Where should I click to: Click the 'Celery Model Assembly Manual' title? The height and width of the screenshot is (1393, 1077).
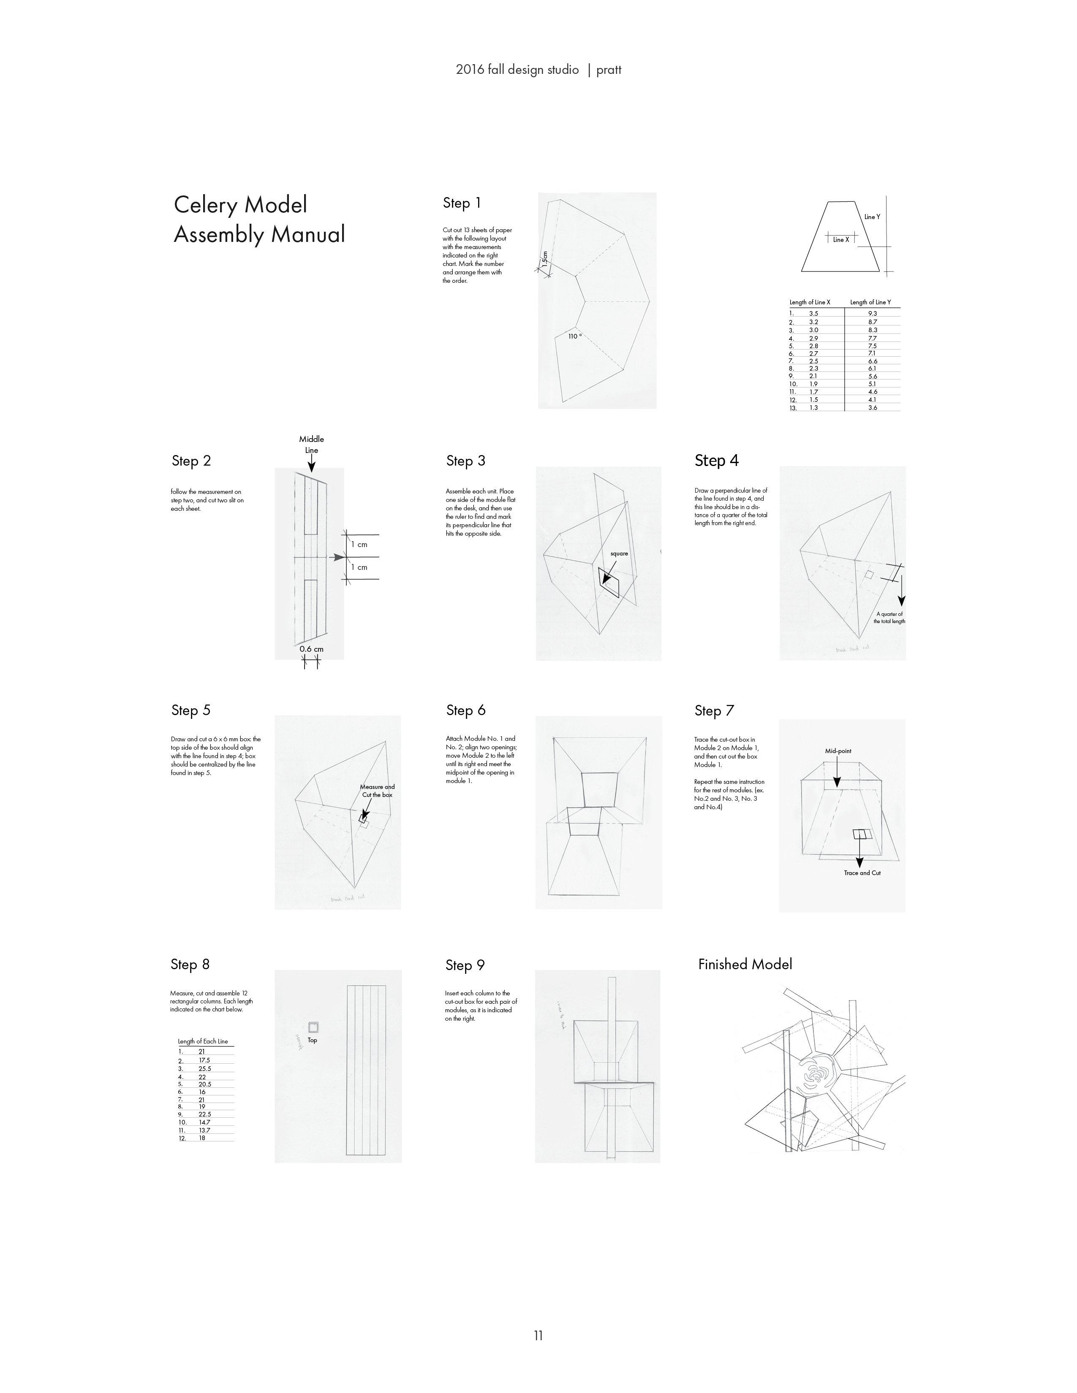point(259,220)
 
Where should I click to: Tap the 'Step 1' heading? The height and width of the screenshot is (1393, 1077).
point(462,203)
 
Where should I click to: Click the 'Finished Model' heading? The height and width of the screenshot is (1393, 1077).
point(745,964)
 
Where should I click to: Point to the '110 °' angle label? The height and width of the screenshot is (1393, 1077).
point(575,336)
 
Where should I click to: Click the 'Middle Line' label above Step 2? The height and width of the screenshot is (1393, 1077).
point(311,444)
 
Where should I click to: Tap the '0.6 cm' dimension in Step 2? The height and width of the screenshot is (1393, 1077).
point(311,649)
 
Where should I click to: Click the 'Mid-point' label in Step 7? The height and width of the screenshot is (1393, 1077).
point(838,751)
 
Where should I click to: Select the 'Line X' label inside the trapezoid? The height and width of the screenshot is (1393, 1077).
point(841,240)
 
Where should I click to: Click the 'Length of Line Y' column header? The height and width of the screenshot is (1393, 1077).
point(870,302)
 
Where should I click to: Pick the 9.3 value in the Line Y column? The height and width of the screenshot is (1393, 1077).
point(872,314)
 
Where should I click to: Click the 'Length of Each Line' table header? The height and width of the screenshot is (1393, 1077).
point(203,1041)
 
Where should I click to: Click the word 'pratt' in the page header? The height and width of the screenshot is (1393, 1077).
point(609,70)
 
